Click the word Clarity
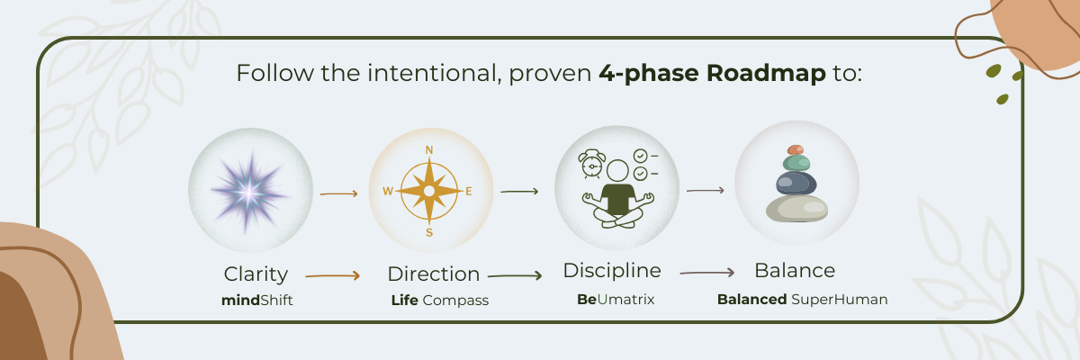256,274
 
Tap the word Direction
433,274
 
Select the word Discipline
612,271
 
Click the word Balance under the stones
795,271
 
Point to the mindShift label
257,301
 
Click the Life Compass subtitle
439,301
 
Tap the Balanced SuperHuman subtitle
802,300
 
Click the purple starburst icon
249,190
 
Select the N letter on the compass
429,150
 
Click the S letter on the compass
429,232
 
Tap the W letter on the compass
388,191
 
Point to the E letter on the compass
469,191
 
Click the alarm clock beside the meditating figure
591,163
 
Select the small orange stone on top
795,149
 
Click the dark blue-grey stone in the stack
796,184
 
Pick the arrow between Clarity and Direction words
333,276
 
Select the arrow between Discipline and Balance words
706,272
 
